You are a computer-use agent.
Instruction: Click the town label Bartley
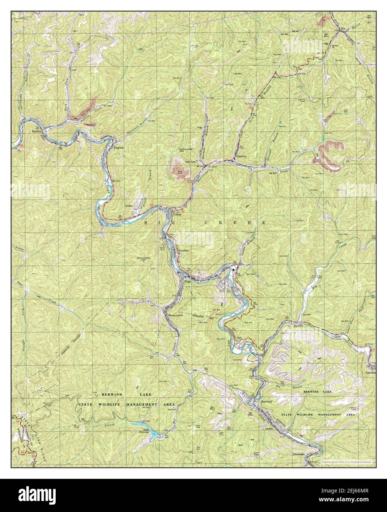(36, 131)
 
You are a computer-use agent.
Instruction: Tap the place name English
(119, 148)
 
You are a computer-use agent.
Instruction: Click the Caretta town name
(241, 156)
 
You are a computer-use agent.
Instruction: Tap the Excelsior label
(184, 251)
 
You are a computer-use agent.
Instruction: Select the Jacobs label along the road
(291, 326)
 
